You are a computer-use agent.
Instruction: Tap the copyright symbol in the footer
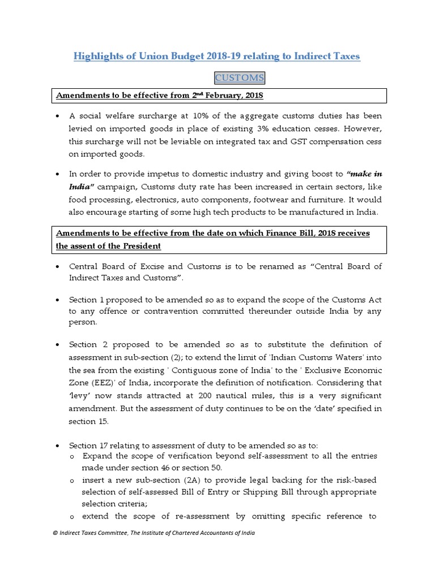(54, 533)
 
